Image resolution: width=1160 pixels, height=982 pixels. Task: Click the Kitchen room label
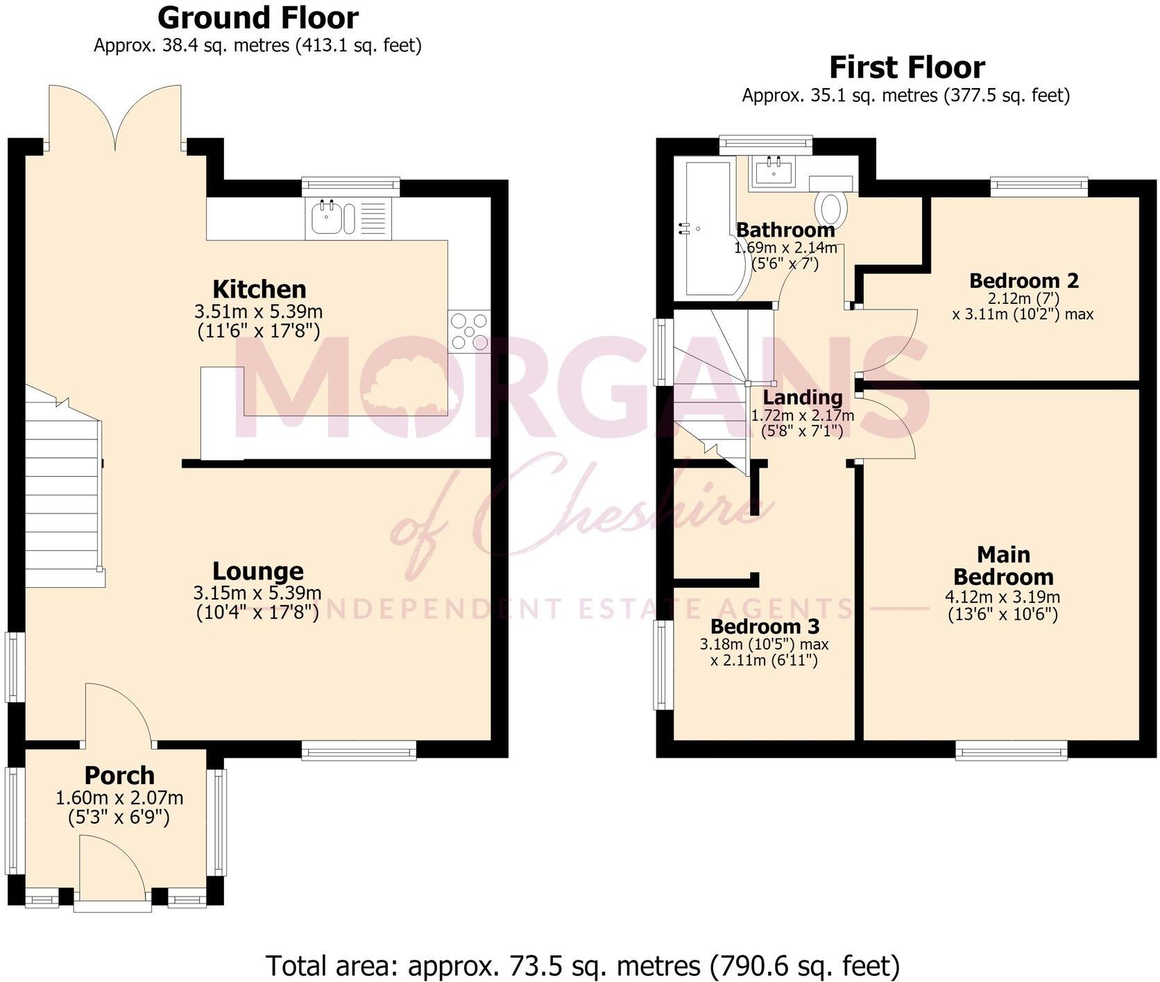point(259,289)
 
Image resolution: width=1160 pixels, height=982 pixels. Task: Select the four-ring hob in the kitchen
point(469,331)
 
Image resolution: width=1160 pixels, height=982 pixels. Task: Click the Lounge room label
point(257,571)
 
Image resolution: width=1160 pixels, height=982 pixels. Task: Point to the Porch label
point(119,775)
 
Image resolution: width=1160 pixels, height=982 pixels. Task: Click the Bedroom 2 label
point(1023,281)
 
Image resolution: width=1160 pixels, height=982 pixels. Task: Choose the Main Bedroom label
point(1003,566)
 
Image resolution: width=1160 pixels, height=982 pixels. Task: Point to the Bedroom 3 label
point(765,627)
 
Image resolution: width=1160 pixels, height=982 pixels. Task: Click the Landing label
point(803,398)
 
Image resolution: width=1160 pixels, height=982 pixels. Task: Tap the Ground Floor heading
point(258,17)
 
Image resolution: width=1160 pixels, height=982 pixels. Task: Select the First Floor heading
point(907,67)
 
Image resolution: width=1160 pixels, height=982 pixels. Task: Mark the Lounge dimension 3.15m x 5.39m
point(257,593)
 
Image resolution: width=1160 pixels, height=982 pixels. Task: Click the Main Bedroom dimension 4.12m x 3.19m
point(1003,597)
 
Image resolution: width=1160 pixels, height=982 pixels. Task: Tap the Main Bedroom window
point(1012,750)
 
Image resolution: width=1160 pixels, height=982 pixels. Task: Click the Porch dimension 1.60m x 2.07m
point(119,799)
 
